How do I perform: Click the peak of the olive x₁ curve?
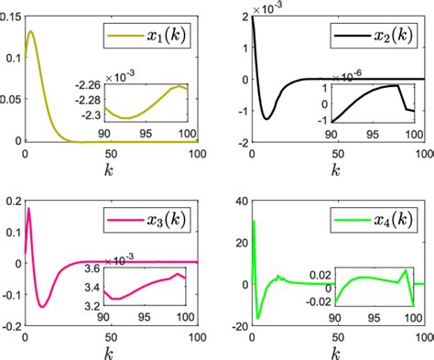click(31, 32)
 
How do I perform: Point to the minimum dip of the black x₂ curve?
click(266, 118)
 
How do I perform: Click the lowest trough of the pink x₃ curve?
click(42, 306)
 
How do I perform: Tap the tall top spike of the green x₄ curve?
click(254, 221)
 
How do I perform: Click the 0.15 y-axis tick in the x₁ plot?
click(11, 16)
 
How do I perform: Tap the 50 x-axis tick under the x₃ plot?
click(111, 334)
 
